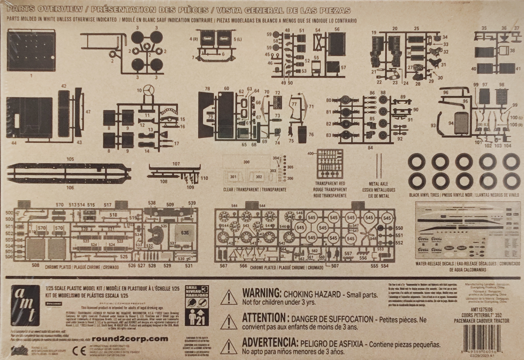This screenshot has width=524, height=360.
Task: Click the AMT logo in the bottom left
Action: (x=25, y=305)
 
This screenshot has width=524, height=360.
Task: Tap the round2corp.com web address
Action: (x=130, y=339)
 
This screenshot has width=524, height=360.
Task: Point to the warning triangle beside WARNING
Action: (x=229, y=297)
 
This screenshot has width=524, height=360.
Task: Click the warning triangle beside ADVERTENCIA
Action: (x=229, y=346)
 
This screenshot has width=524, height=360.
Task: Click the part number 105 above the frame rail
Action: (x=70, y=159)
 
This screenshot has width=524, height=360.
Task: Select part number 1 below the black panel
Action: (x=31, y=76)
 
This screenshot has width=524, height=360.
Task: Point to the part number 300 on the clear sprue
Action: (x=246, y=162)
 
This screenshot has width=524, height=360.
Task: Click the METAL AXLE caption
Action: (x=378, y=184)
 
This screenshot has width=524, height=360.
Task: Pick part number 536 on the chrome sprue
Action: (x=185, y=233)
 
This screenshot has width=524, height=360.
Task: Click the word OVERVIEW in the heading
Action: (x=62, y=10)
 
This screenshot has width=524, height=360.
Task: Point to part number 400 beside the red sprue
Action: (x=310, y=153)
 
